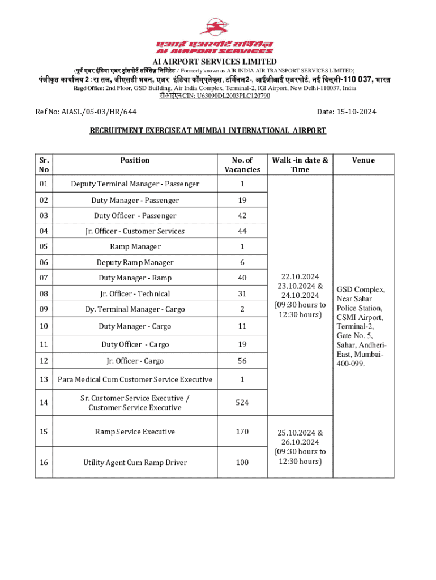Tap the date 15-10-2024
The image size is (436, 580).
coord(347,112)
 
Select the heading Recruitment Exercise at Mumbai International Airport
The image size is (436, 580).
coord(208,131)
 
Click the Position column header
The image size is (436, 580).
coord(135,160)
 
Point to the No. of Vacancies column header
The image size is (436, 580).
coord(242,165)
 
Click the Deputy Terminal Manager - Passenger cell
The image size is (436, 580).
coord(135,184)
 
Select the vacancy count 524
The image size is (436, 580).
coord(242,403)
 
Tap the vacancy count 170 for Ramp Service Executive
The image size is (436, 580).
coord(242,432)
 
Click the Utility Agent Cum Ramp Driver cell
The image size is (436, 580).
coord(135,463)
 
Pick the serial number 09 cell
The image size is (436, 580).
coord(44,309)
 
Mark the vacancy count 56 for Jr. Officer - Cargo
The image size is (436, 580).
coord(242,361)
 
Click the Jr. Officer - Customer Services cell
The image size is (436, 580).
coord(135,231)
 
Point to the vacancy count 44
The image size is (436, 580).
coord(242,231)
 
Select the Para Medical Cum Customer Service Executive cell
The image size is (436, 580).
coord(135,379)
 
